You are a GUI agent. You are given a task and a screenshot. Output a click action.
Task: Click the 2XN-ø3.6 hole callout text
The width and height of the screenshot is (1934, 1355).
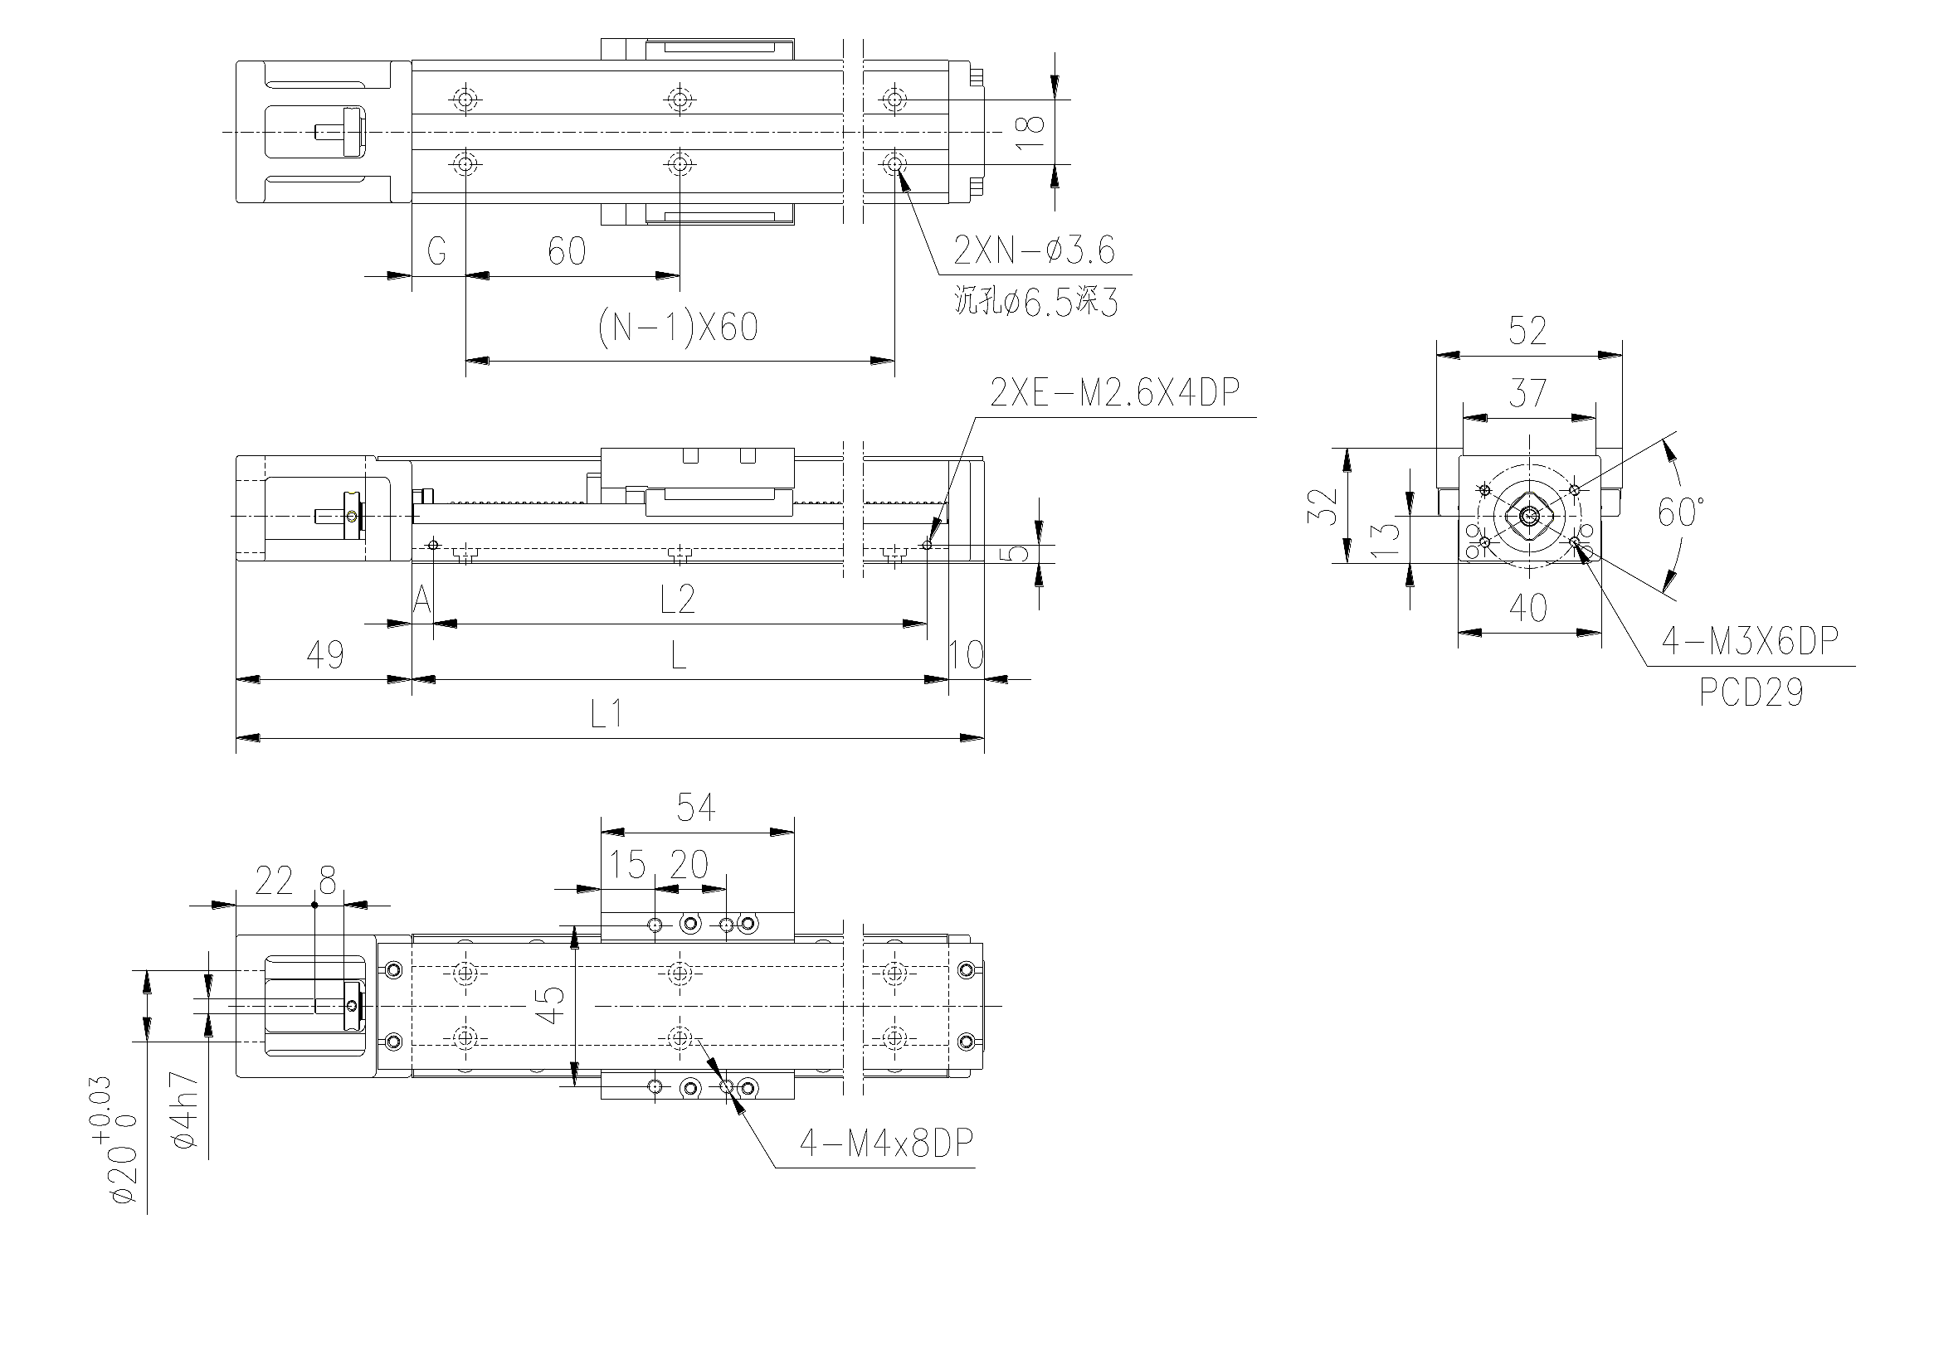coord(1035,250)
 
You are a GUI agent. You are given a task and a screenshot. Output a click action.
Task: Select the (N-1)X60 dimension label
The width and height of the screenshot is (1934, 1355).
coord(678,327)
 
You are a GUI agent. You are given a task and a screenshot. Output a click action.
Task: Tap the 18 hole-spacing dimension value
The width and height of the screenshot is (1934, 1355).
coord(1031,132)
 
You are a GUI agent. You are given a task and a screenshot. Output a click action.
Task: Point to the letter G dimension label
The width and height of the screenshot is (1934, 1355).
coord(436,251)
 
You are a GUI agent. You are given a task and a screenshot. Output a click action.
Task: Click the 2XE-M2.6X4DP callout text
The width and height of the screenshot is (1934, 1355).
coord(1115,392)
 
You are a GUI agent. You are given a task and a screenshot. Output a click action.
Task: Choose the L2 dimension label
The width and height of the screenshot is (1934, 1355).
coord(678,600)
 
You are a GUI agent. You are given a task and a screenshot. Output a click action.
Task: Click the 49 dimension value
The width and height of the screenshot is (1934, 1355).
coord(325,654)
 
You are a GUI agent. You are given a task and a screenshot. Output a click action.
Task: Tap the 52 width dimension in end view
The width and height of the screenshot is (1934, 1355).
coord(1528,331)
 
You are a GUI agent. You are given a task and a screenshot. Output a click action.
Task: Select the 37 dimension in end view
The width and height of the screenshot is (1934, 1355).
coord(1528,393)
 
